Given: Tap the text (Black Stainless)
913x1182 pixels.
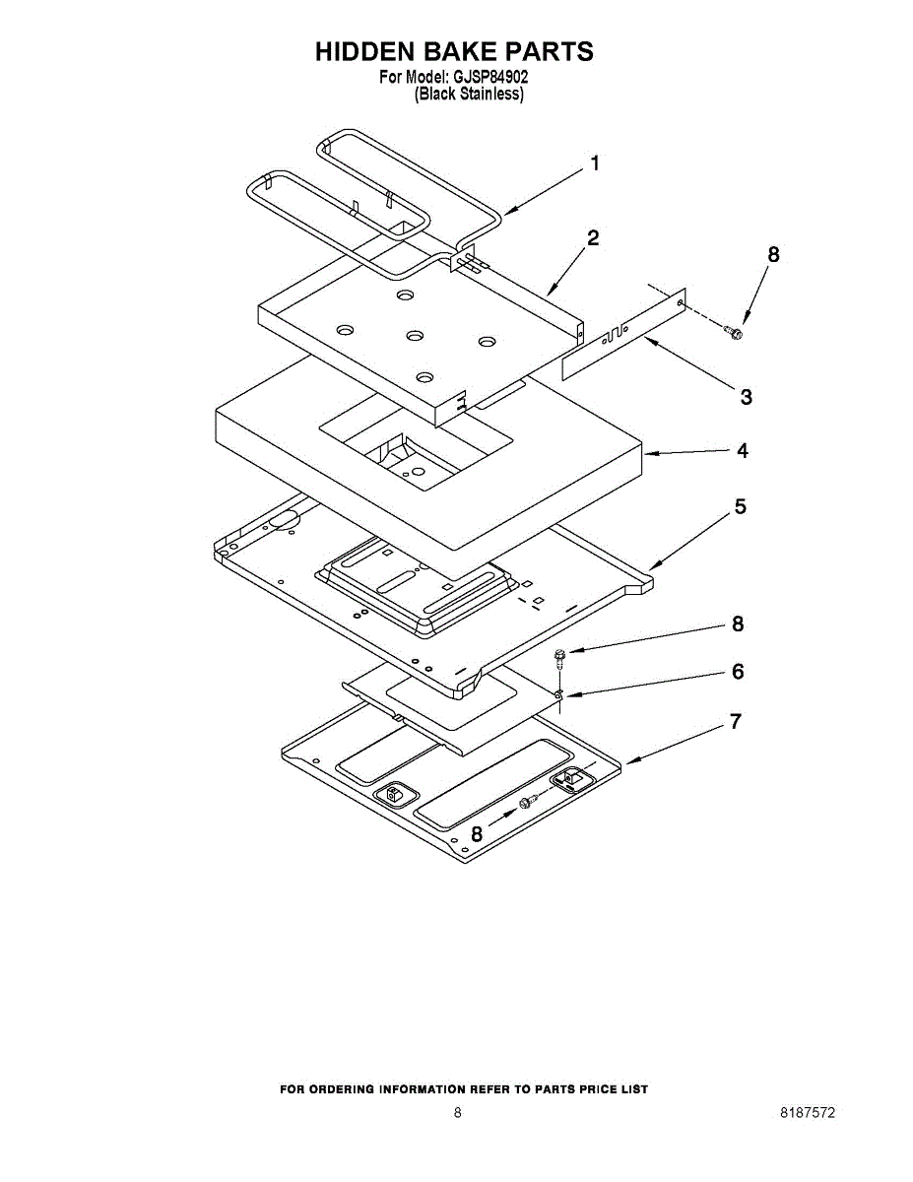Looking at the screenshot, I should [469, 95].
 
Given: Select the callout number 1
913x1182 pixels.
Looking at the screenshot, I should [594, 164].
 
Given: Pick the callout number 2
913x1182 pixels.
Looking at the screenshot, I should [593, 237].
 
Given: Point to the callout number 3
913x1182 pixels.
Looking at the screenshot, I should [746, 397].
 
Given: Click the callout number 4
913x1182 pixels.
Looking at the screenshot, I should [742, 450].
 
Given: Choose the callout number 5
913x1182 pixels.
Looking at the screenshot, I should [740, 507].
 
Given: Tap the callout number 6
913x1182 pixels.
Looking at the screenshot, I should [738, 672].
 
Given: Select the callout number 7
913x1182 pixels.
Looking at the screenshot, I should [735, 722].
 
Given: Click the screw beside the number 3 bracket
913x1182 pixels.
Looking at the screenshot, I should [733, 332].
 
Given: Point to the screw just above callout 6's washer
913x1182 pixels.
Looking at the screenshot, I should [559, 657].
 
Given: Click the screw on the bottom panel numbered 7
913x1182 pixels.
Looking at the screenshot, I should [526, 804].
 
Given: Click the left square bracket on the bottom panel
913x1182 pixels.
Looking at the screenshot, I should [393, 793].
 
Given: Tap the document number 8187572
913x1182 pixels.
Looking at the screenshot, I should [808, 1113].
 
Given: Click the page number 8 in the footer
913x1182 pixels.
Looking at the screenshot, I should [457, 1113].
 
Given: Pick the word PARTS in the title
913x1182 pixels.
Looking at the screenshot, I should [550, 52].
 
